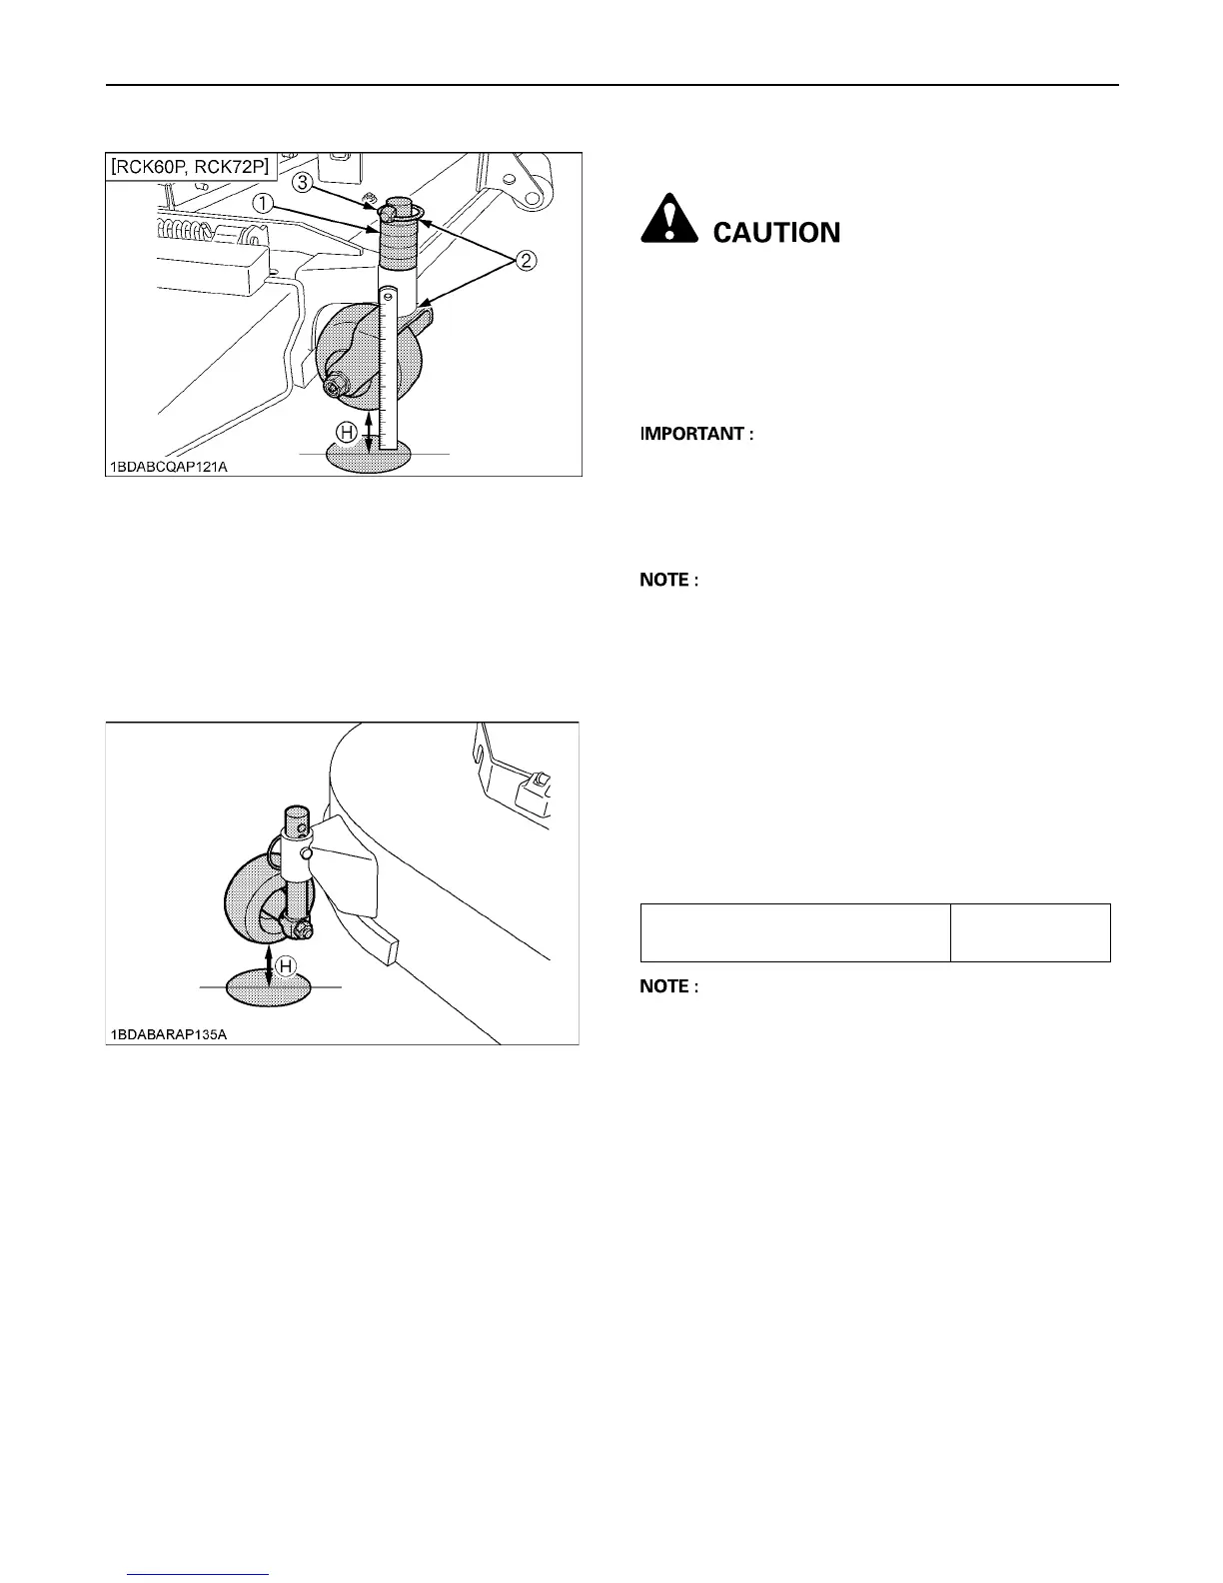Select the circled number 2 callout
click(x=526, y=262)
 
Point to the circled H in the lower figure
click(x=285, y=966)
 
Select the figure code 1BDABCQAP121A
click(x=169, y=466)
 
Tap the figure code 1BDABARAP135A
click(x=169, y=1033)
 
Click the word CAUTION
click(x=776, y=233)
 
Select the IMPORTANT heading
click(x=696, y=434)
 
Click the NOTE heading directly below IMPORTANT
click(x=668, y=580)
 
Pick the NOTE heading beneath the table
click(x=668, y=986)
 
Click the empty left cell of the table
click(x=794, y=932)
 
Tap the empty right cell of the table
click(x=1030, y=932)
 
